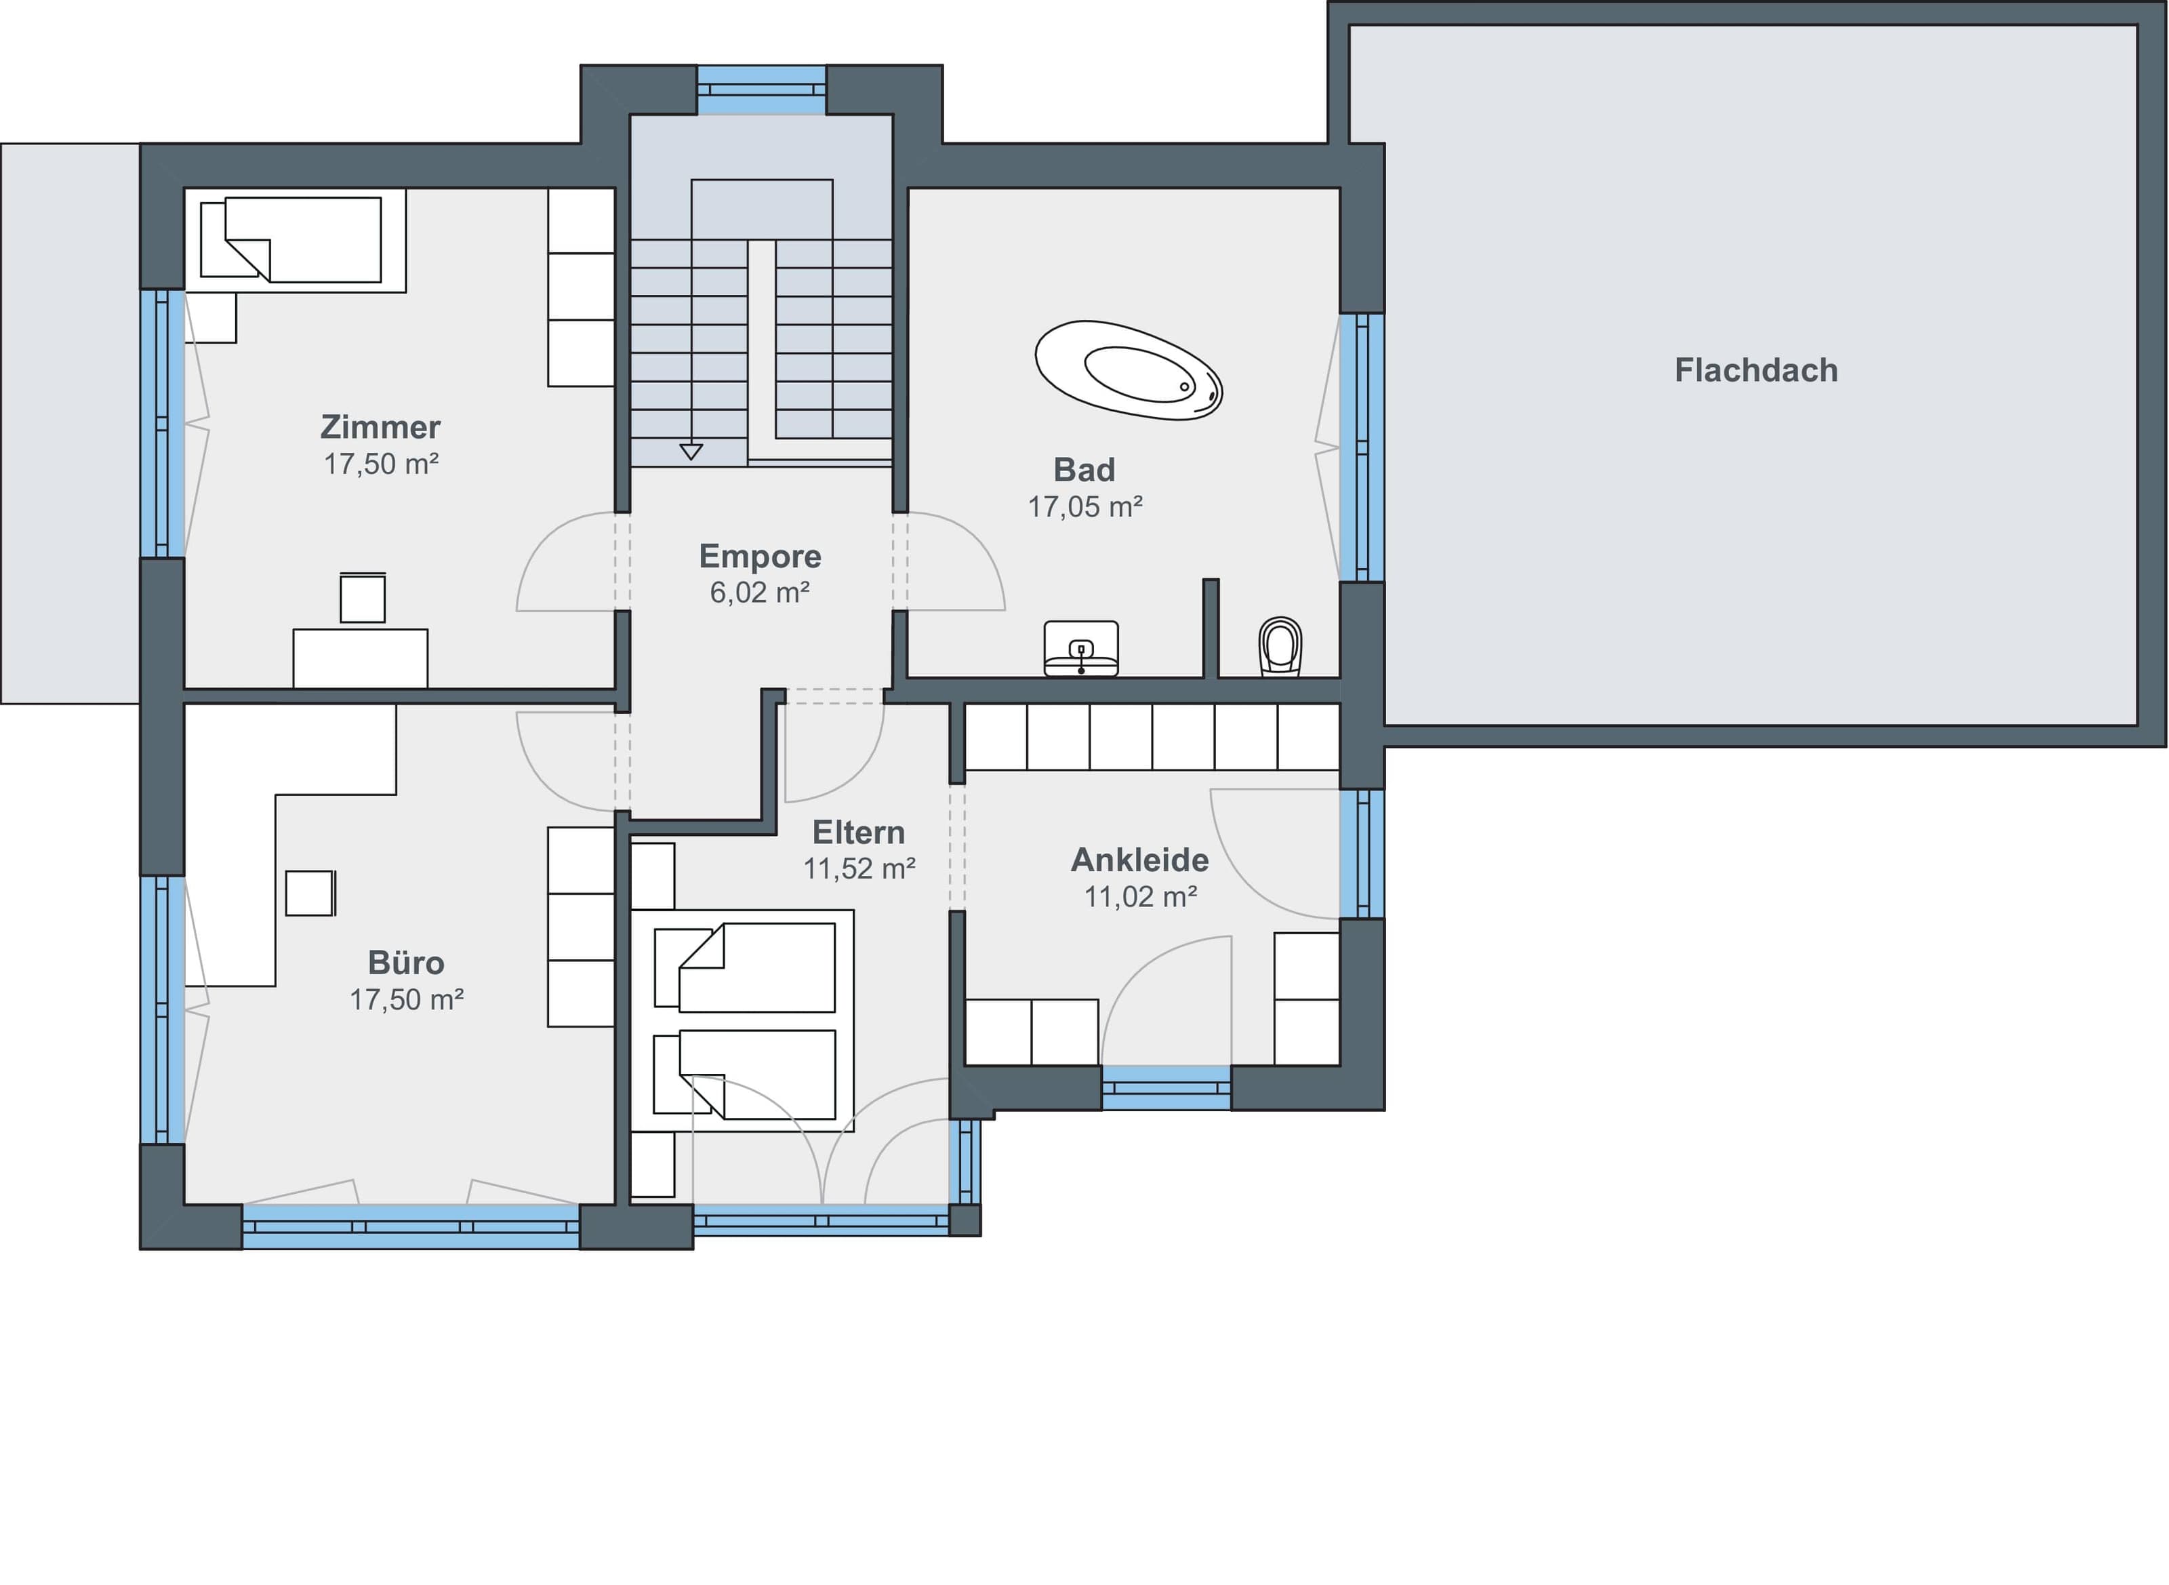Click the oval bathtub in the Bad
click(x=1128, y=369)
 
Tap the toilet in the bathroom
click(x=1280, y=645)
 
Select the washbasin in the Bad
click(x=1081, y=649)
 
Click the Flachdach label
click(x=1756, y=370)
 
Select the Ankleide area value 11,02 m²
click(x=1141, y=896)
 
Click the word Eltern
click(x=859, y=831)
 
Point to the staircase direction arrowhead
click(x=691, y=451)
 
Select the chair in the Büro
click(x=310, y=892)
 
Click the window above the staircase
click(x=761, y=90)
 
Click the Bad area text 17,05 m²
click(x=1085, y=506)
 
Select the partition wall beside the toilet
click(x=1211, y=628)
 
